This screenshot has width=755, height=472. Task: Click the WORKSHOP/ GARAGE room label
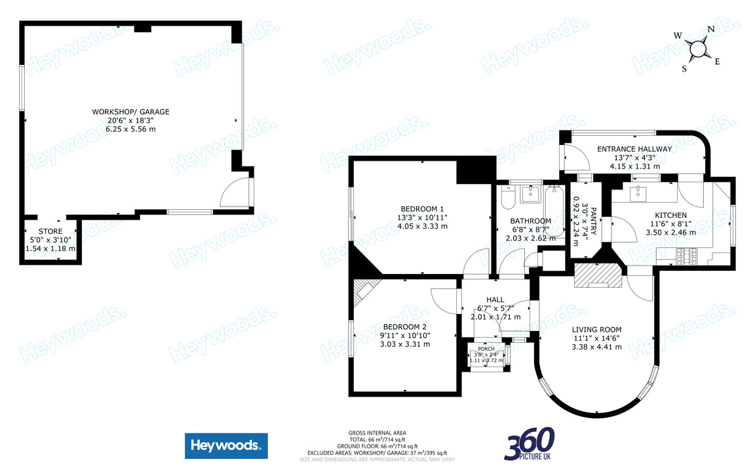(130, 112)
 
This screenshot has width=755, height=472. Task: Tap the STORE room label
(50, 231)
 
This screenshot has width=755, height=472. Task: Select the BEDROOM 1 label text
(422, 209)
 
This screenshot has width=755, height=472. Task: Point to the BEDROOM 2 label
(405, 326)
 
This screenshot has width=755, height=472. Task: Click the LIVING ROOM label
(596, 330)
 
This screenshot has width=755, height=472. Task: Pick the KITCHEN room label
(671, 215)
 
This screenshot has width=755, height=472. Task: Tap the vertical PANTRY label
(593, 216)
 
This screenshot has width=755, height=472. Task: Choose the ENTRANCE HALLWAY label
(634, 149)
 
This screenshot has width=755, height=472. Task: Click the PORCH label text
(486, 349)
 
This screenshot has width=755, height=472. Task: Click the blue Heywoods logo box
(226, 446)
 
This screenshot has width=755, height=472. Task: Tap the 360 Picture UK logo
(530, 444)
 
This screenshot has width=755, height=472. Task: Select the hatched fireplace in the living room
(596, 275)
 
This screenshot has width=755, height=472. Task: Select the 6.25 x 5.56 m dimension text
(130, 129)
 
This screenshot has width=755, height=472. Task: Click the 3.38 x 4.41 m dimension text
(596, 347)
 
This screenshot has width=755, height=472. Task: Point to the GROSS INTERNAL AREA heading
(377, 433)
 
